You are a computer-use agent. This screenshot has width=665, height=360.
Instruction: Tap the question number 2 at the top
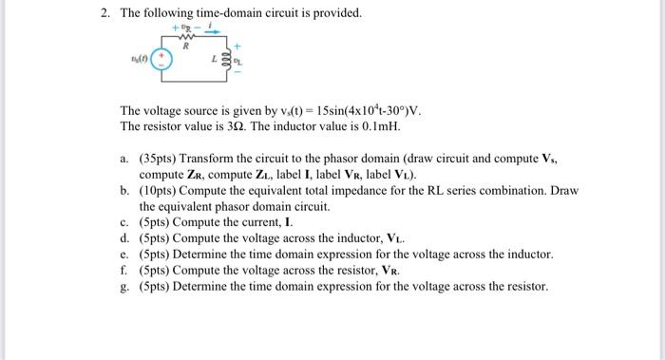107,13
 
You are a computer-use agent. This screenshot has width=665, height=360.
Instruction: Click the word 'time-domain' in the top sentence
220,13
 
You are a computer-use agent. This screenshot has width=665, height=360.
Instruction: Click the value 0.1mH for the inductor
400,126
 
